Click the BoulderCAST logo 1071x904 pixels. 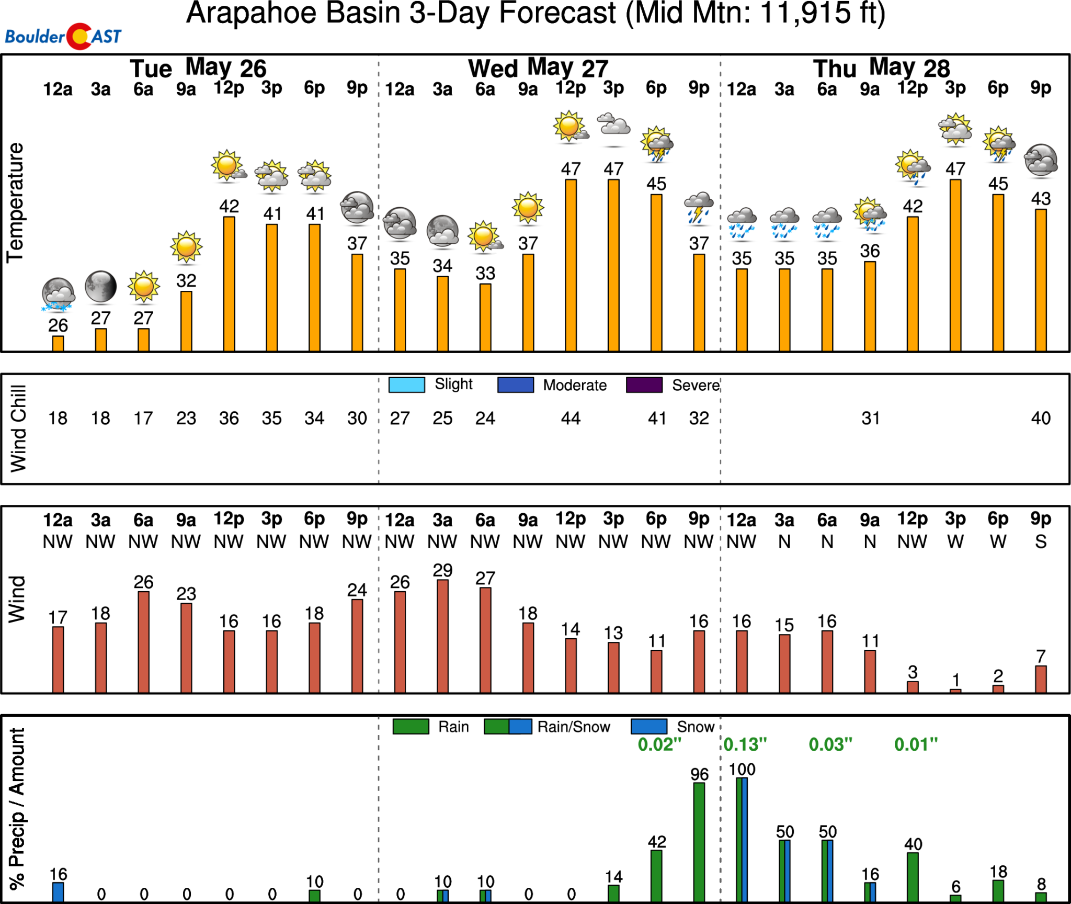[x=63, y=36]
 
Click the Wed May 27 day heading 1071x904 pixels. [x=538, y=69]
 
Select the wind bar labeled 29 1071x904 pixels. [x=442, y=636]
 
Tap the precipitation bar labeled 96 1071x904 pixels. [x=699, y=841]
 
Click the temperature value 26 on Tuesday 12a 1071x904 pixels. [x=58, y=325]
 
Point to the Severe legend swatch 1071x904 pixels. [x=644, y=385]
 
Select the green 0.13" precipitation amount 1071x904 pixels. [x=745, y=744]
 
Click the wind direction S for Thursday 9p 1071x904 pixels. [x=1041, y=542]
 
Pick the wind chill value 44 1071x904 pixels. [x=571, y=418]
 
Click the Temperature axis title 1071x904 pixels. [x=15, y=202]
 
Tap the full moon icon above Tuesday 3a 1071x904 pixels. [x=100, y=287]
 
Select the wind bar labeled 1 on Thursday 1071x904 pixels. [x=955, y=690]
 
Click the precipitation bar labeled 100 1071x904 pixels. [x=742, y=839]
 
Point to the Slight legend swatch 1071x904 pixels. [x=406, y=385]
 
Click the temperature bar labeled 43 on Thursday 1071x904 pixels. [x=1041, y=280]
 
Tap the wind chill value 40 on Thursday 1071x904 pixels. [x=1041, y=418]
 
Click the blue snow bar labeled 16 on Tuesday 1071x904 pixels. [x=58, y=891]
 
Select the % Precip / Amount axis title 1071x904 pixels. [x=17, y=808]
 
